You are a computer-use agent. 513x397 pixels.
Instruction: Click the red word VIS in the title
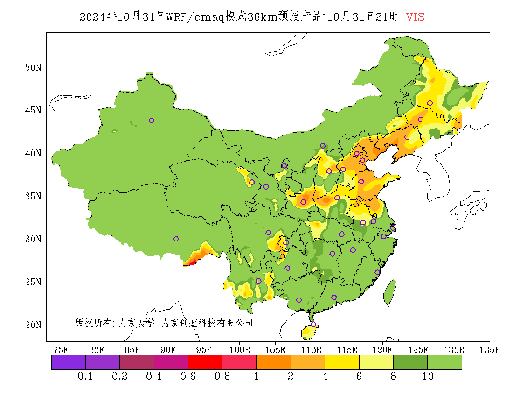click(415, 17)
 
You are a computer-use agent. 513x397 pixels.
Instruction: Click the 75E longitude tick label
click(61, 350)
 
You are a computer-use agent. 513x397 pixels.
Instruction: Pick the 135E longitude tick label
click(490, 350)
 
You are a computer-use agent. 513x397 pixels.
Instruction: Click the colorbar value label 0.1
click(85, 376)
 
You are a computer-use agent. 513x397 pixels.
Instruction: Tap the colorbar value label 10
click(428, 376)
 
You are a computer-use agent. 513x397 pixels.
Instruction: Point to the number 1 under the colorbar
click(256, 376)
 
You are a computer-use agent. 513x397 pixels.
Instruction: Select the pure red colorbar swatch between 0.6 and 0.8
click(205, 362)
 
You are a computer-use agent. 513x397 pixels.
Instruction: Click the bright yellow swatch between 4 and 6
click(342, 362)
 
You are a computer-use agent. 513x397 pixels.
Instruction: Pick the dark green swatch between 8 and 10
click(410, 362)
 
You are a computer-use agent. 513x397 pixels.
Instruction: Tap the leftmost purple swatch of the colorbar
click(69, 362)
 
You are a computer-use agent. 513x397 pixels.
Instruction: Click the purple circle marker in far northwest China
click(151, 121)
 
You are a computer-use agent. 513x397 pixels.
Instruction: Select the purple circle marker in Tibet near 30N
click(176, 239)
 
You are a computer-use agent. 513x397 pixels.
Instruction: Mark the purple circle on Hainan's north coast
click(313, 325)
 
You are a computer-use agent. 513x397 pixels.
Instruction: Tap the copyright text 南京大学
click(135, 323)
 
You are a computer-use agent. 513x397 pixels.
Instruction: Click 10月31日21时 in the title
click(364, 17)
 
